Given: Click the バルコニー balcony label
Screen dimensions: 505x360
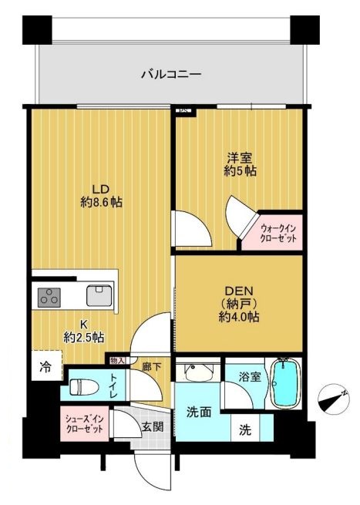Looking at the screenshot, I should [170, 75].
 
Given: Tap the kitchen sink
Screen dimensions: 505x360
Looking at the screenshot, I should [99, 295].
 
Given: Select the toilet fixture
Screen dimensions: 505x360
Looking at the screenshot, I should [82, 385].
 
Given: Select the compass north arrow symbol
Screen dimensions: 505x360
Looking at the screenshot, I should [334, 400].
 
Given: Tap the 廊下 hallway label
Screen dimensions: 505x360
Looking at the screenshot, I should [151, 367].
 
